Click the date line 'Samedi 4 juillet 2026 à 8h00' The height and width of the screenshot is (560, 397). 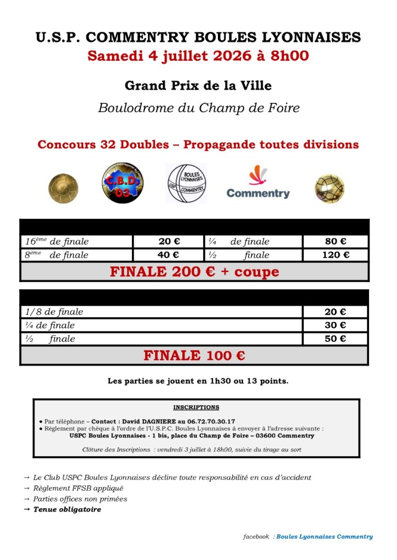pyautogui.click(x=198, y=56)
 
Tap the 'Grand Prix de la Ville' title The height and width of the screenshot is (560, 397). pyautogui.click(x=198, y=86)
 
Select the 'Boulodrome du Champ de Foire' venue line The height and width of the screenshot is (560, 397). pyautogui.click(x=198, y=108)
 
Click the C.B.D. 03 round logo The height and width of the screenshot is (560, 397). pyautogui.click(x=123, y=183)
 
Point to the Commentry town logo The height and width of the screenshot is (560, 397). pyautogui.click(x=258, y=183)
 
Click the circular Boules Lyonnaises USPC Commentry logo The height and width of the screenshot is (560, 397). pyautogui.click(x=186, y=183)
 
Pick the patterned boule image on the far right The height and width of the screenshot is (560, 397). pyautogui.click(x=330, y=188)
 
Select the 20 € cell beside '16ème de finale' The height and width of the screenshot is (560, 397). pyautogui.click(x=169, y=242)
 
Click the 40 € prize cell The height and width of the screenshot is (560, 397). pyautogui.click(x=169, y=255)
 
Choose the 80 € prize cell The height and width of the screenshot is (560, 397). pyautogui.click(x=335, y=242)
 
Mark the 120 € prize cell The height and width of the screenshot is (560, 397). pyautogui.click(x=335, y=255)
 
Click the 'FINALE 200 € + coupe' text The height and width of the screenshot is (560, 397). pyautogui.click(x=194, y=272)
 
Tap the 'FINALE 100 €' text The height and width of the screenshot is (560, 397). pyautogui.click(x=194, y=355)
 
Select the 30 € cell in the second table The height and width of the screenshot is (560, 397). pyautogui.click(x=335, y=325)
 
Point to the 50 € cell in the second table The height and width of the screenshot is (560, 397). pyautogui.click(x=335, y=339)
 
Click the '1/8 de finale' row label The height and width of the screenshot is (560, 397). pyautogui.click(x=54, y=312)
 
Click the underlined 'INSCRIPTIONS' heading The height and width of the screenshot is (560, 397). pyautogui.click(x=196, y=407)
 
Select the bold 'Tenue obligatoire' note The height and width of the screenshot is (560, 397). pyautogui.click(x=67, y=509)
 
